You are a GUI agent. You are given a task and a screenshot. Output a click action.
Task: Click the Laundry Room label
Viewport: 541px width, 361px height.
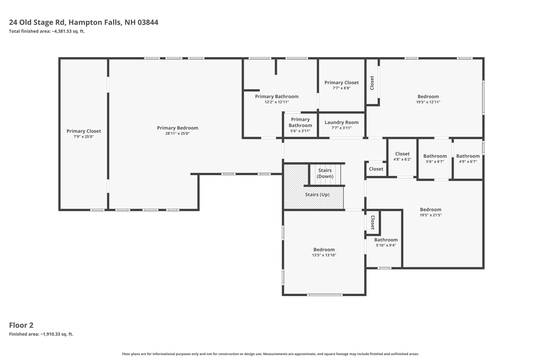(342, 122)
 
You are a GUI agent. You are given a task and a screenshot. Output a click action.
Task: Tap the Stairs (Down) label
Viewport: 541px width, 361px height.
(325, 173)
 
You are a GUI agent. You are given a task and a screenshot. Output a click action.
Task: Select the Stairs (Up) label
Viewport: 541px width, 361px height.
(317, 195)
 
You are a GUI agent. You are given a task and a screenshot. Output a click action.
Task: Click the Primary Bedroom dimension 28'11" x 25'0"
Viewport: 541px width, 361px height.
(178, 134)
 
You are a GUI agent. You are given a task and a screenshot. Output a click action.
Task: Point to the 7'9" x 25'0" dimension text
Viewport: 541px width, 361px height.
(84, 137)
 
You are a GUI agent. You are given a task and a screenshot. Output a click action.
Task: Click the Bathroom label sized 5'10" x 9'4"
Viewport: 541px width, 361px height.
(386, 240)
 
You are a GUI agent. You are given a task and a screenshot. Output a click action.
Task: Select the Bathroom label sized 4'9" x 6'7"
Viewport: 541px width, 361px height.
(468, 156)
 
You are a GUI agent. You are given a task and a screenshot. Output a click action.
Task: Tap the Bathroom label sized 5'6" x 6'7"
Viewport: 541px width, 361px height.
(435, 156)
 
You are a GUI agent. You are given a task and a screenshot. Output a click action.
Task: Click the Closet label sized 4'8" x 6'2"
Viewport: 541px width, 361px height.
(402, 154)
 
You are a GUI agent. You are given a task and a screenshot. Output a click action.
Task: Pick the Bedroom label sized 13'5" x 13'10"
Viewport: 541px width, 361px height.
(324, 250)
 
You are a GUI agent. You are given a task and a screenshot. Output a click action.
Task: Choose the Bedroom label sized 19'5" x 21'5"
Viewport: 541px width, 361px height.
(431, 209)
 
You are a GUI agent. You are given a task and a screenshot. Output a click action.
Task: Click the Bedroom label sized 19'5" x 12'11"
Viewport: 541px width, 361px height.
(428, 97)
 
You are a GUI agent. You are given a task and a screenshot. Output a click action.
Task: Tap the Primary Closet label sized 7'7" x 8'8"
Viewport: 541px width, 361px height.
(342, 83)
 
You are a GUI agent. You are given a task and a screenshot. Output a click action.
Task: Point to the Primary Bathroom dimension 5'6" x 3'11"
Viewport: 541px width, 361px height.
(300, 131)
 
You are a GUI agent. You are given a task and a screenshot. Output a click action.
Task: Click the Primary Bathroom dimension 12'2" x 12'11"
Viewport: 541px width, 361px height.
(277, 102)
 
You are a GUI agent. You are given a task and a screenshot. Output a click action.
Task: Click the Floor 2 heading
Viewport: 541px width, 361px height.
(21, 325)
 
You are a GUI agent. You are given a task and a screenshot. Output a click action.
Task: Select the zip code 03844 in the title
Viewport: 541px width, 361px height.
(148, 22)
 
